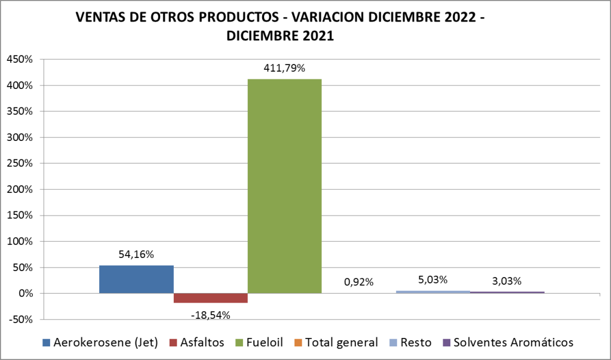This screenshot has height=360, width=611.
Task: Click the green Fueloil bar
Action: [x=284, y=186]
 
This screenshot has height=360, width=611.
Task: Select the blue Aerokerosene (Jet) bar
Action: [x=136, y=279]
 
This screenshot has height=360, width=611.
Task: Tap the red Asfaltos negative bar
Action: [x=210, y=298]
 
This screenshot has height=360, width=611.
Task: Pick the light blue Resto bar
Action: [x=433, y=292]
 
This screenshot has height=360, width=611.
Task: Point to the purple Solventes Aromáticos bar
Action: [x=507, y=293]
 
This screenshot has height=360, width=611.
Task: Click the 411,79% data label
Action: [x=284, y=69]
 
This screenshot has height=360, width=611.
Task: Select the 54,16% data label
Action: [x=136, y=254]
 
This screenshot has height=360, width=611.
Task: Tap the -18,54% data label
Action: [x=210, y=314]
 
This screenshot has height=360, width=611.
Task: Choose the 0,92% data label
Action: [x=358, y=282]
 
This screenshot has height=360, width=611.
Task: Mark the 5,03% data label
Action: [x=433, y=279]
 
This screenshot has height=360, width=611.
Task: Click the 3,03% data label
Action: [x=507, y=281]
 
